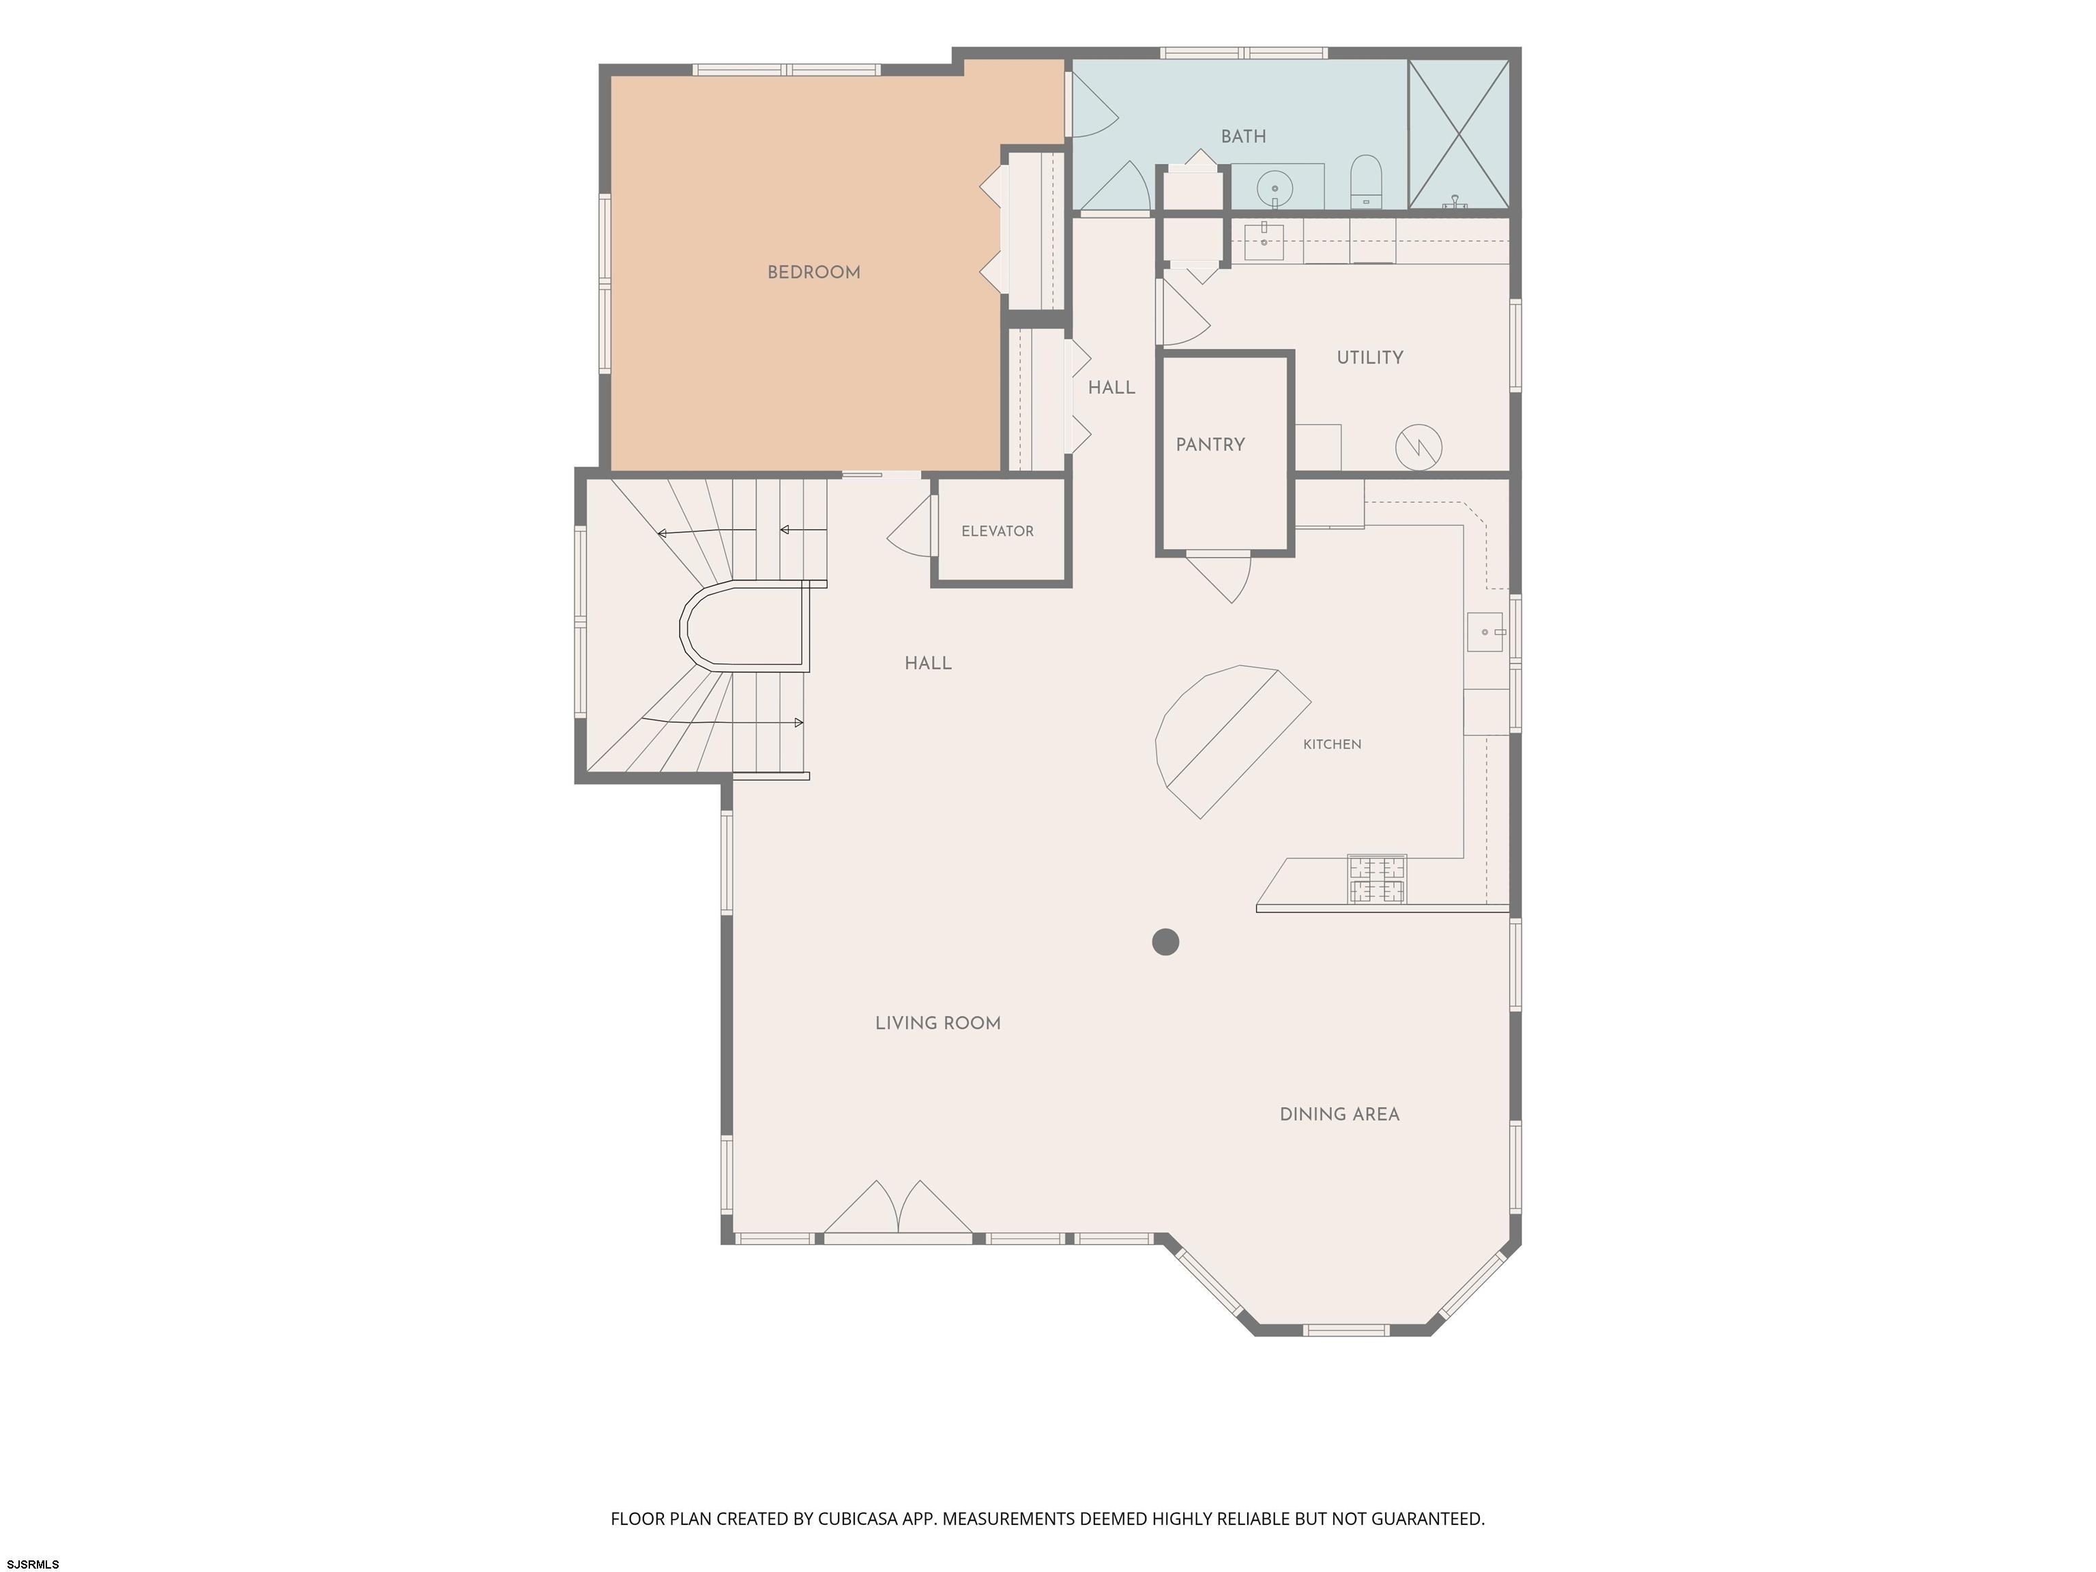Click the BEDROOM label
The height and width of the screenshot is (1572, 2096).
813,273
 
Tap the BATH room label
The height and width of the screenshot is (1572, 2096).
1243,136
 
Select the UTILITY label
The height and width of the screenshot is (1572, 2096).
1369,358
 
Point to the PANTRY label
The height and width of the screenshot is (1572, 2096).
1210,444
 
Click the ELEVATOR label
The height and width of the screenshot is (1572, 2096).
997,532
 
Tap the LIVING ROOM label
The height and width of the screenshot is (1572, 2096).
937,1023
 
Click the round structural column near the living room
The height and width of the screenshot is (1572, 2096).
1165,942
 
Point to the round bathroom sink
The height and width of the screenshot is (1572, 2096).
1275,188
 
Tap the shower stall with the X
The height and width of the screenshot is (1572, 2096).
1458,134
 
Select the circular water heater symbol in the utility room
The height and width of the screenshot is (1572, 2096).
1418,446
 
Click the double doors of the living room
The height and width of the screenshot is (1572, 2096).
897,1208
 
